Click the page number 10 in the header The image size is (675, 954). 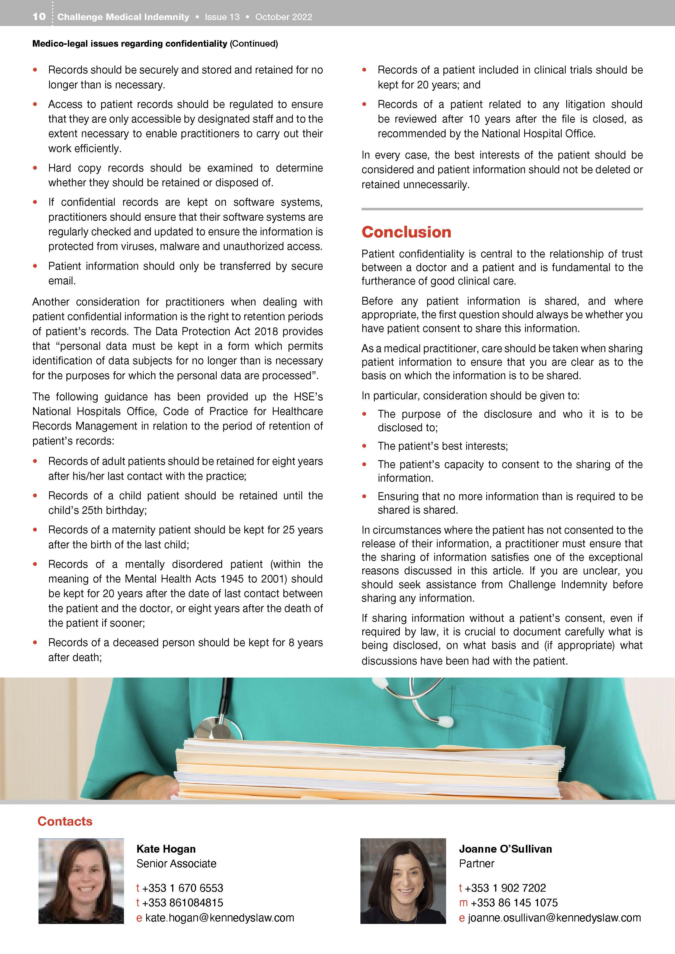pos(39,17)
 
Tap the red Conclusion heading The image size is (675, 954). pos(406,232)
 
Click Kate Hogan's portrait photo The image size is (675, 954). pos(81,881)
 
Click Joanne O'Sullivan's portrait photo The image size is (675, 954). pos(403,881)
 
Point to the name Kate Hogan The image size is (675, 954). pos(166,849)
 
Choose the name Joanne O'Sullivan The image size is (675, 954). pos(505,849)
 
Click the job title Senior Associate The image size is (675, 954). pos(176,863)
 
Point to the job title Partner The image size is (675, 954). pos(476,863)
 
